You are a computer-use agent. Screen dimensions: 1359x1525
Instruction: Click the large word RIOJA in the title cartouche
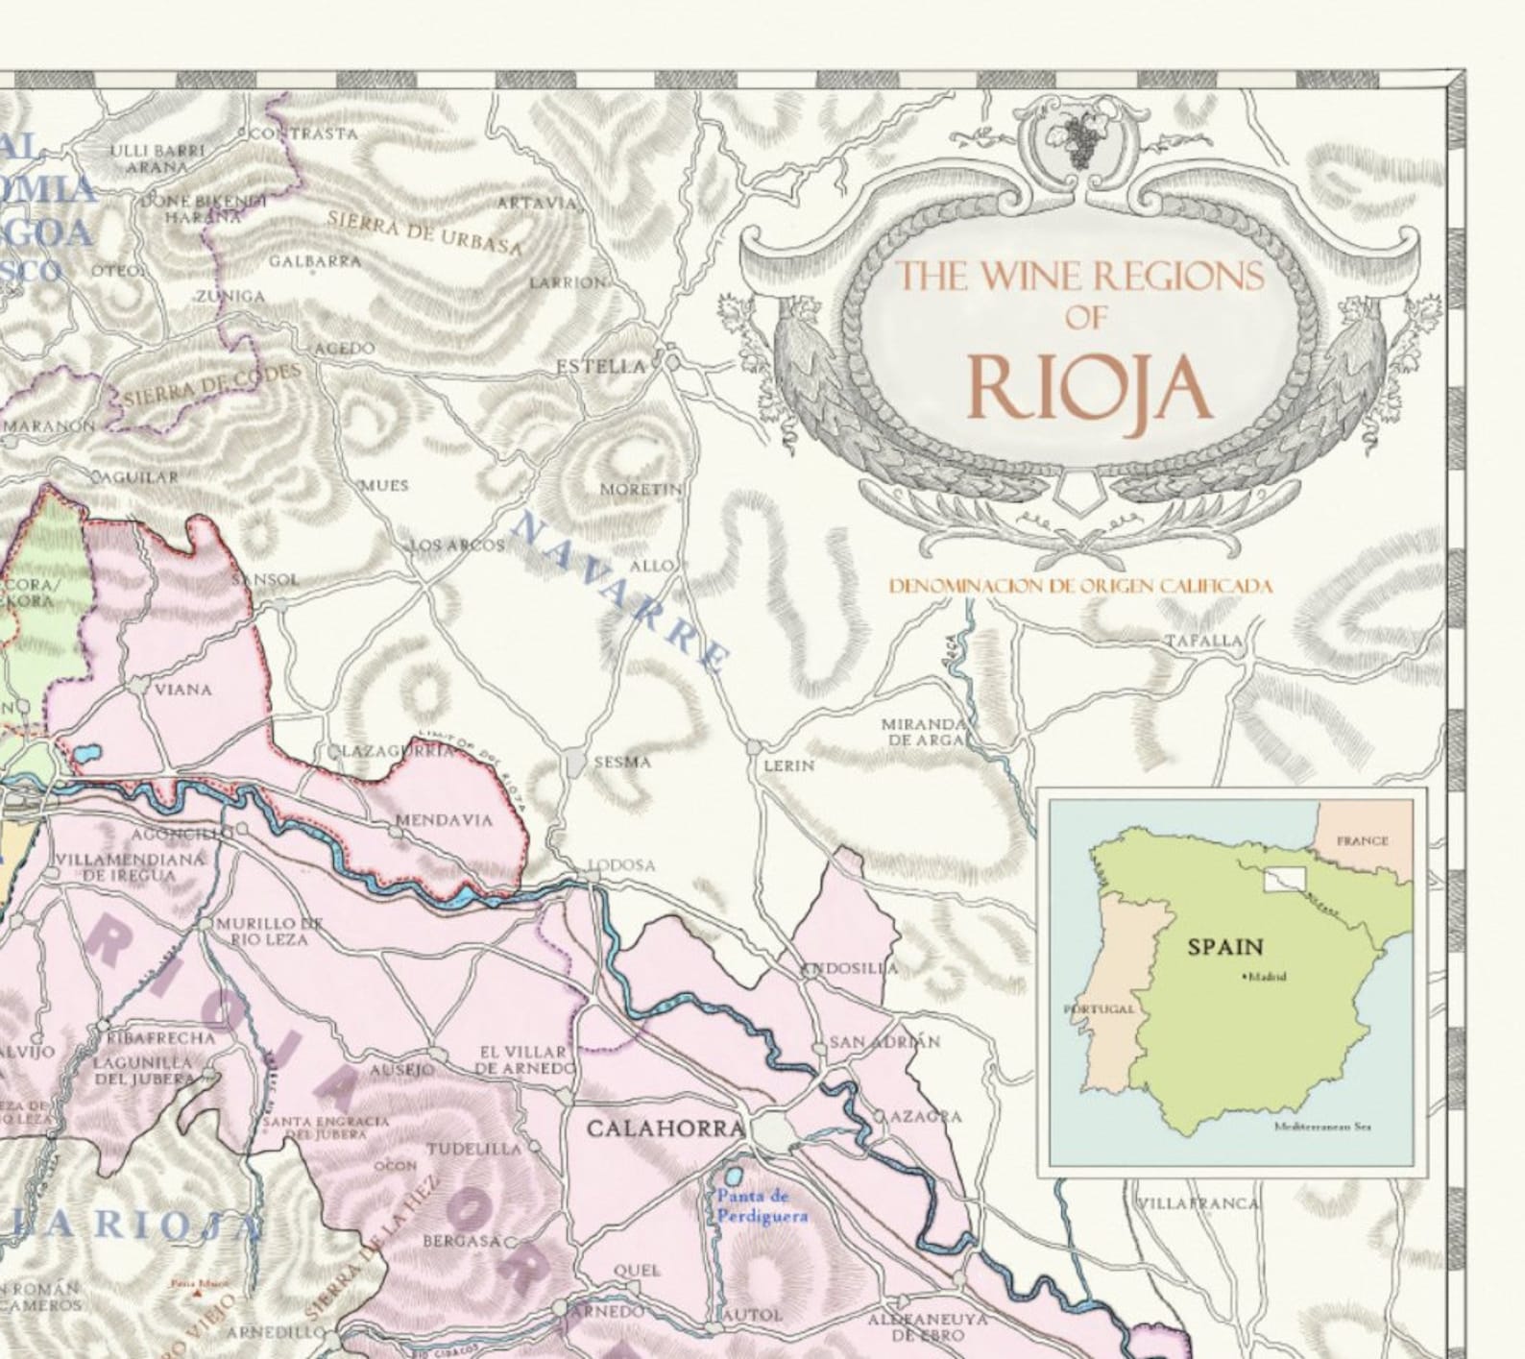point(1088,387)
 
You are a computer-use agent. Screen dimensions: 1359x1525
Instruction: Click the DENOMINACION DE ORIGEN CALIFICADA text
point(1080,586)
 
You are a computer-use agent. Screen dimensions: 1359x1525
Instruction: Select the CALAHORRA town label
point(666,1128)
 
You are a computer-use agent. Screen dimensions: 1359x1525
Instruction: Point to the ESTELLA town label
point(602,367)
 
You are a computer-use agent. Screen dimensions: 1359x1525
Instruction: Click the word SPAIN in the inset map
point(1225,948)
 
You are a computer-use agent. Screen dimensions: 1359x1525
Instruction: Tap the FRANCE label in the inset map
point(1362,840)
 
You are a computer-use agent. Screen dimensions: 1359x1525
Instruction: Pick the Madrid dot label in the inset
point(1264,978)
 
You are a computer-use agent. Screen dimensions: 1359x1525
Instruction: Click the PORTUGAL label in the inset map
point(1100,1009)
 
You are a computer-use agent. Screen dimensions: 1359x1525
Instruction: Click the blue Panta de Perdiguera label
point(761,1206)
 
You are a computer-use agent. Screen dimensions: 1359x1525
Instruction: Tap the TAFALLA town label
point(1203,641)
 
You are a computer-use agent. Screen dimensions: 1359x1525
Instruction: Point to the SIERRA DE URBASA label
point(424,233)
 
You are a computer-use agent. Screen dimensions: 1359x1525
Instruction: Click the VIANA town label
point(182,690)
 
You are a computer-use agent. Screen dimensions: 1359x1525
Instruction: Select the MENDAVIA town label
point(444,820)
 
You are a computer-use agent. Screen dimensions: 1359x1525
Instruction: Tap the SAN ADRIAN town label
point(884,1042)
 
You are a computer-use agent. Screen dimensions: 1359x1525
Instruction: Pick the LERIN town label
point(788,765)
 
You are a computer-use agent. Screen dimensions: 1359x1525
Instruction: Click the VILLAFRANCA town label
point(1197,1203)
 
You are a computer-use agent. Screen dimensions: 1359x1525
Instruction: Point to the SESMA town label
point(622,762)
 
